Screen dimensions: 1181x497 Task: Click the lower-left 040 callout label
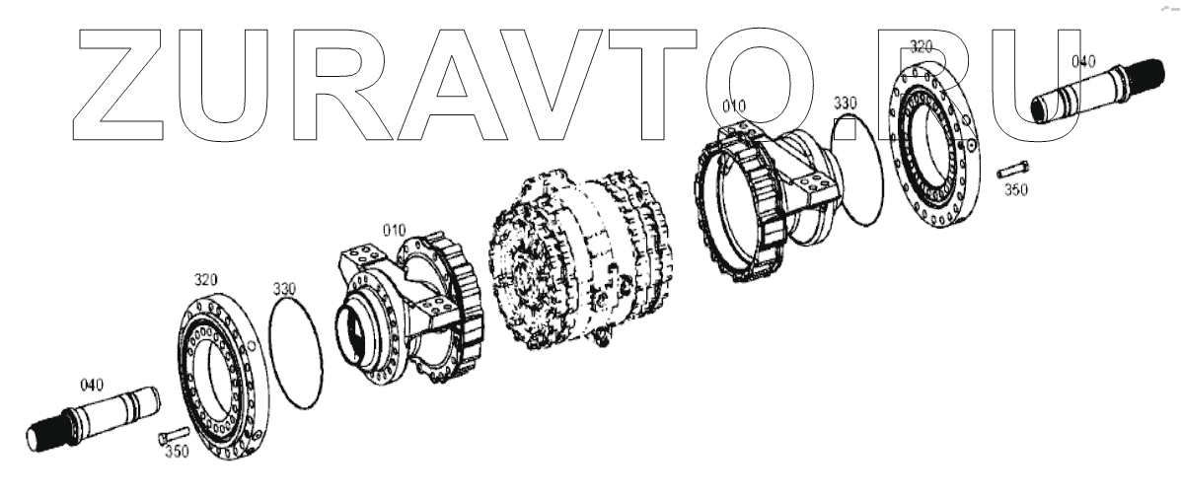coord(92,386)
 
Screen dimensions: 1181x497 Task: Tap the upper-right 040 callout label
coord(1083,62)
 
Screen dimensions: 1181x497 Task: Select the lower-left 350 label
coord(177,452)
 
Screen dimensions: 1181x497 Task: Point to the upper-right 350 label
coord(1016,190)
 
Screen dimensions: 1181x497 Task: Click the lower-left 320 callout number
coord(205,280)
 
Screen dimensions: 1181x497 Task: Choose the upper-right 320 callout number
coord(922,46)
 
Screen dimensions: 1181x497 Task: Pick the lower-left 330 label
coord(284,289)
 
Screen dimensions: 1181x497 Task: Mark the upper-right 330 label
coord(846,104)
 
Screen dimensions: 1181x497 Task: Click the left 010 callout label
coord(394,230)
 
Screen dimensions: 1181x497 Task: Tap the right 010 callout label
coord(734,106)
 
